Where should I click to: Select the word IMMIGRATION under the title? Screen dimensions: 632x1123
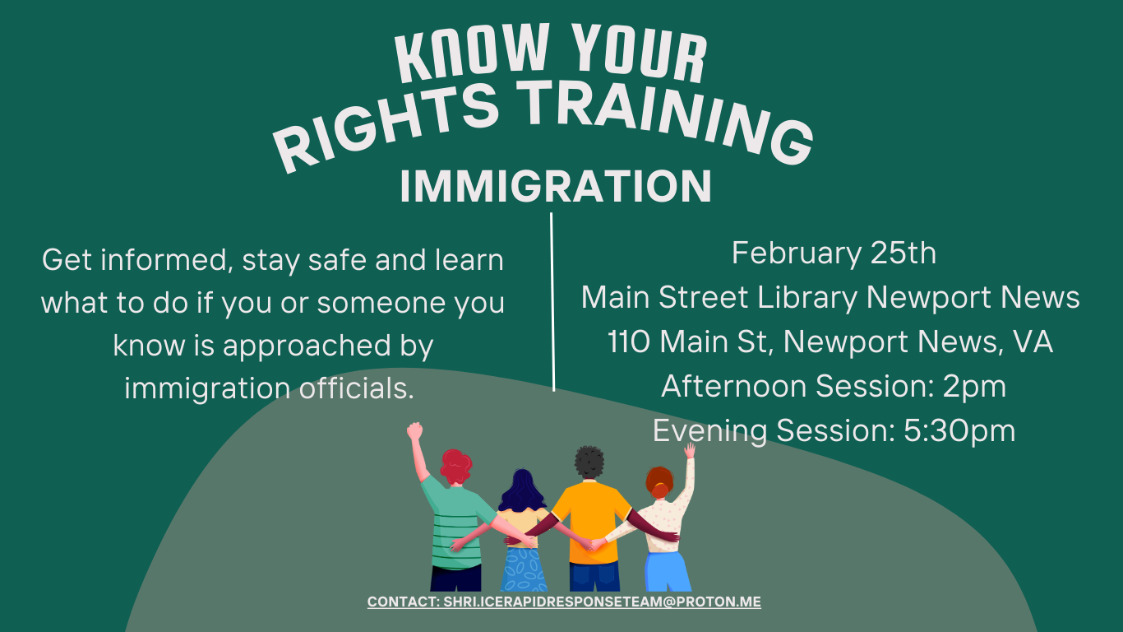pyautogui.click(x=556, y=187)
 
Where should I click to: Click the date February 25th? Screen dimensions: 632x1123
pyautogui.click(x=834, y=253)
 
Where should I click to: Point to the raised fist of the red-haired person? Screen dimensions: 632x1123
pyautogui.click(x=414, y=430)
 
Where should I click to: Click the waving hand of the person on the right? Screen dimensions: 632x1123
pyautogui.click(x=689, y=451)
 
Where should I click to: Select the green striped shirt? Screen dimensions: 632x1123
pyautogui.click(x=455, y=527)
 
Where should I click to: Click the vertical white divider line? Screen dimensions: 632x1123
pyautogui.click(x=552, y=301)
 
